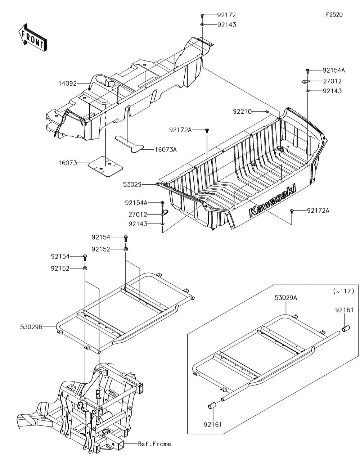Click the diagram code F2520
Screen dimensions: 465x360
coord(334,15)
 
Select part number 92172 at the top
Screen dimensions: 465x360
coord(226,15)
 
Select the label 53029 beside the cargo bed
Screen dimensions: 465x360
coord(133,185)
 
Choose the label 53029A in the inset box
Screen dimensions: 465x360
coord(286,298)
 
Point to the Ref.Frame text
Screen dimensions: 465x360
coord(154,444)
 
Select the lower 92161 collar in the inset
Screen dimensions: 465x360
coord(211,407)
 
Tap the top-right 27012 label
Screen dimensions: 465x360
coord(332,81)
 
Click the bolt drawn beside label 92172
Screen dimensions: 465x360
coord(202,15)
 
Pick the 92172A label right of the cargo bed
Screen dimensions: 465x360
coord(318,210)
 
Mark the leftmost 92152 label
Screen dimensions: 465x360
coord(60,268)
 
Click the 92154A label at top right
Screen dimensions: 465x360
coord(333,70)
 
